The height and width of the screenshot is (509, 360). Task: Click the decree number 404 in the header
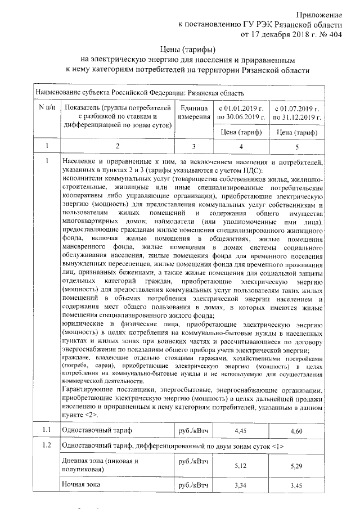tap(335, 35)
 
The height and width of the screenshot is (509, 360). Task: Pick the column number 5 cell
tap(296, 147)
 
